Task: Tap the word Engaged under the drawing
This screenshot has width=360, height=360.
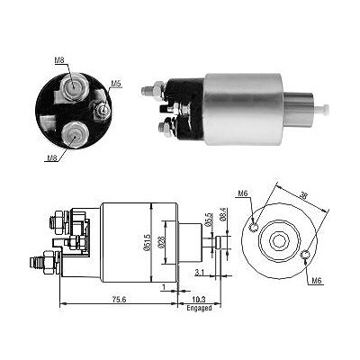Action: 199,308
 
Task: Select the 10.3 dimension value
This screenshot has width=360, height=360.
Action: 200,300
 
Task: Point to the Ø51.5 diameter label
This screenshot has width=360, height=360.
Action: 147,242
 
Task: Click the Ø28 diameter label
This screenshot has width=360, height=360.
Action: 161,242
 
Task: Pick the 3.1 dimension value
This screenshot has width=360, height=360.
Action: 200,273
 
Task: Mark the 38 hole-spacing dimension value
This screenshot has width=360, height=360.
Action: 303,196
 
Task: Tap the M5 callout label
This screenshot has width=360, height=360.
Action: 116,84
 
